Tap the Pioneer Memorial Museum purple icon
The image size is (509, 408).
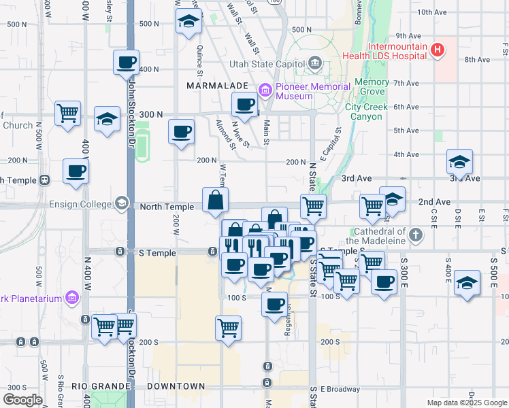pyautogui.click(x=265, y=88)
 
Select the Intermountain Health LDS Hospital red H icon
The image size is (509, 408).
pyautogui.click(x=438, y=50)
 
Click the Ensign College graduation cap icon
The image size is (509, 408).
pyautogui.click(x=121, y=204)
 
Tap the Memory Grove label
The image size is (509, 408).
pyautogui.click(x=372, y=86)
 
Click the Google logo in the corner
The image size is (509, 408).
pyautogui.click(x=23, y=400)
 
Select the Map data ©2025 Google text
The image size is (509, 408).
pyautogui.click(x=466, y=403)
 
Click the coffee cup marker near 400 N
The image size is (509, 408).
pyautogui.click(x=126, y=63)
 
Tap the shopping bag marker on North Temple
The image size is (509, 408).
pyautogui.click(x=215, y=200)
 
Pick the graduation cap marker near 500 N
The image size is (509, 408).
pyautogui.click(x=188, y=21)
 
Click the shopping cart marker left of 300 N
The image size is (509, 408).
pyautogui.click(x=67, y=114)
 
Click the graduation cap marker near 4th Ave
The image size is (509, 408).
pyautogui.click(x=459, y=163)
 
